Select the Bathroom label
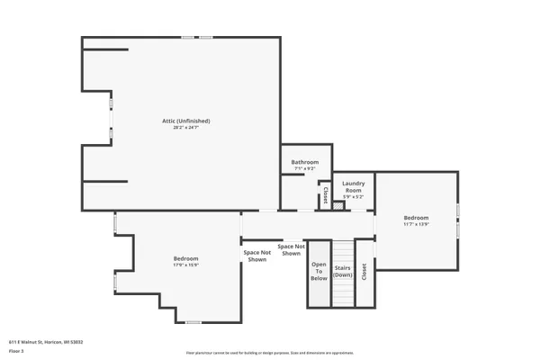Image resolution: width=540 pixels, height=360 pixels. click(304, 162)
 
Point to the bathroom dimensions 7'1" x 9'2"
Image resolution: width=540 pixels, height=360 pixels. click(304, 169)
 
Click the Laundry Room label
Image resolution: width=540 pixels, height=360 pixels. click(352, 186)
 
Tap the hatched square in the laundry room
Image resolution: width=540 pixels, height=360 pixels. click(338, 206)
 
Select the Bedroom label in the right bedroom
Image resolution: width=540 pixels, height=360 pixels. click(416, 218)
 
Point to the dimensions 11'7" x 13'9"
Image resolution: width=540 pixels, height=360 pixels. click(416, 225)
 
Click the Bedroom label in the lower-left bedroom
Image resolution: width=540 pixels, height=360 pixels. click(185, 258)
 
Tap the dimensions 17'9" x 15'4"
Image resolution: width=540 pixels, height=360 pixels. click(185, 265)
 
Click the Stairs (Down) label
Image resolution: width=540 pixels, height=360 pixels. click(343, 272)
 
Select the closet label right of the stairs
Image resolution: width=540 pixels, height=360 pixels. click(364, 272)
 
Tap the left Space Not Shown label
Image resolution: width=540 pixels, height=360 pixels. click(256, 256)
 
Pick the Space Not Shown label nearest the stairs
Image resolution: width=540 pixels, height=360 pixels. click(291, 249)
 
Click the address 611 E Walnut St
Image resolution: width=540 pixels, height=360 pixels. click(46, 342)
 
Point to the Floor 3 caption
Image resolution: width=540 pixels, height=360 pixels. click(15, 350)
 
